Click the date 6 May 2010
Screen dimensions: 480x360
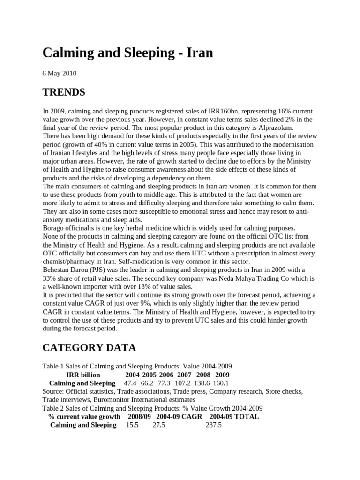click(60, 74)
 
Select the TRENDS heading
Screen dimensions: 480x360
click(64, 92)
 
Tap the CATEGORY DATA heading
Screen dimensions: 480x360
click(89, 347)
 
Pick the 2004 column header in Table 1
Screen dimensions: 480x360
click(132, 375)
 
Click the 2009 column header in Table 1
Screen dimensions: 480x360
click(222, 375)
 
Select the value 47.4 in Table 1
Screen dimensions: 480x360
click(131, 383)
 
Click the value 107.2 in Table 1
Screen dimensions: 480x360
click(183, 383)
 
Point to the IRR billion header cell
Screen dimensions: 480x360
click(83, 375)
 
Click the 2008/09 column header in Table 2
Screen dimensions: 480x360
click(139, 416)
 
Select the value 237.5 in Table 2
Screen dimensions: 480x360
click(213, 425)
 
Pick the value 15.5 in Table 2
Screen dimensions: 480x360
click(133, 425)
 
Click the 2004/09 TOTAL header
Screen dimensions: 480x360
click(234, 416)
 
